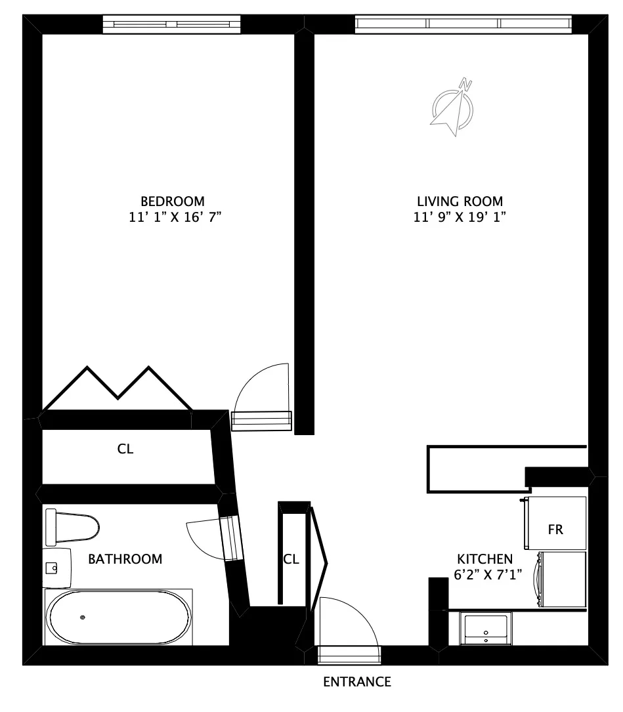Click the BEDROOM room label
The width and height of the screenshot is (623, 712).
click(172, 201)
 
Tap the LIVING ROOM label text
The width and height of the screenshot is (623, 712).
click(460, 201)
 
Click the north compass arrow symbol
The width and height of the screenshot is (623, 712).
click(452, 107)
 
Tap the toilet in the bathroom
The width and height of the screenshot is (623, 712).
click(72, 526)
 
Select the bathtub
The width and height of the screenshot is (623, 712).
click(119, 617)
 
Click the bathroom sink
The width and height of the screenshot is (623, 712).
click(56, 566)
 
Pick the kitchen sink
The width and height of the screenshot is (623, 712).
click(486, 628)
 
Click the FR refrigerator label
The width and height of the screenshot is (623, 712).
click(555, 530)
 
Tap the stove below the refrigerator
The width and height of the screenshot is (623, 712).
click(562, 579)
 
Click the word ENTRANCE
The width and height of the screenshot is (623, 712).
click(357, 682)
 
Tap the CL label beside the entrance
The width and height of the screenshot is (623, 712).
click(291, 560)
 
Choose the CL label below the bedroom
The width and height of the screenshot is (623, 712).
click(125, 450)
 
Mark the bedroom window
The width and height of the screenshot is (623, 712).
click(172, 24)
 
